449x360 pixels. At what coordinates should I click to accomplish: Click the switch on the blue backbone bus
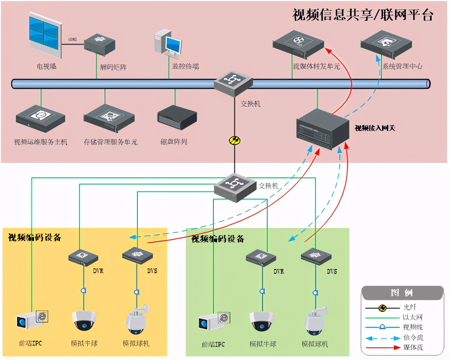(233, 83)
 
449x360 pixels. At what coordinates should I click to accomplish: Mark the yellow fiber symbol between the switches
(234, 140)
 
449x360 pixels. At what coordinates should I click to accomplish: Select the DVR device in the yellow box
(83, 258)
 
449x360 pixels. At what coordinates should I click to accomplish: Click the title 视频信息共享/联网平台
(363, 15)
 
